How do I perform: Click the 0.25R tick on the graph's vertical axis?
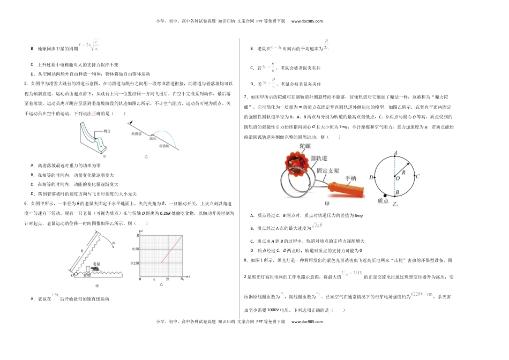pos(133,262)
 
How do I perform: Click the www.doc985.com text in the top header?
pos(307,21)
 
